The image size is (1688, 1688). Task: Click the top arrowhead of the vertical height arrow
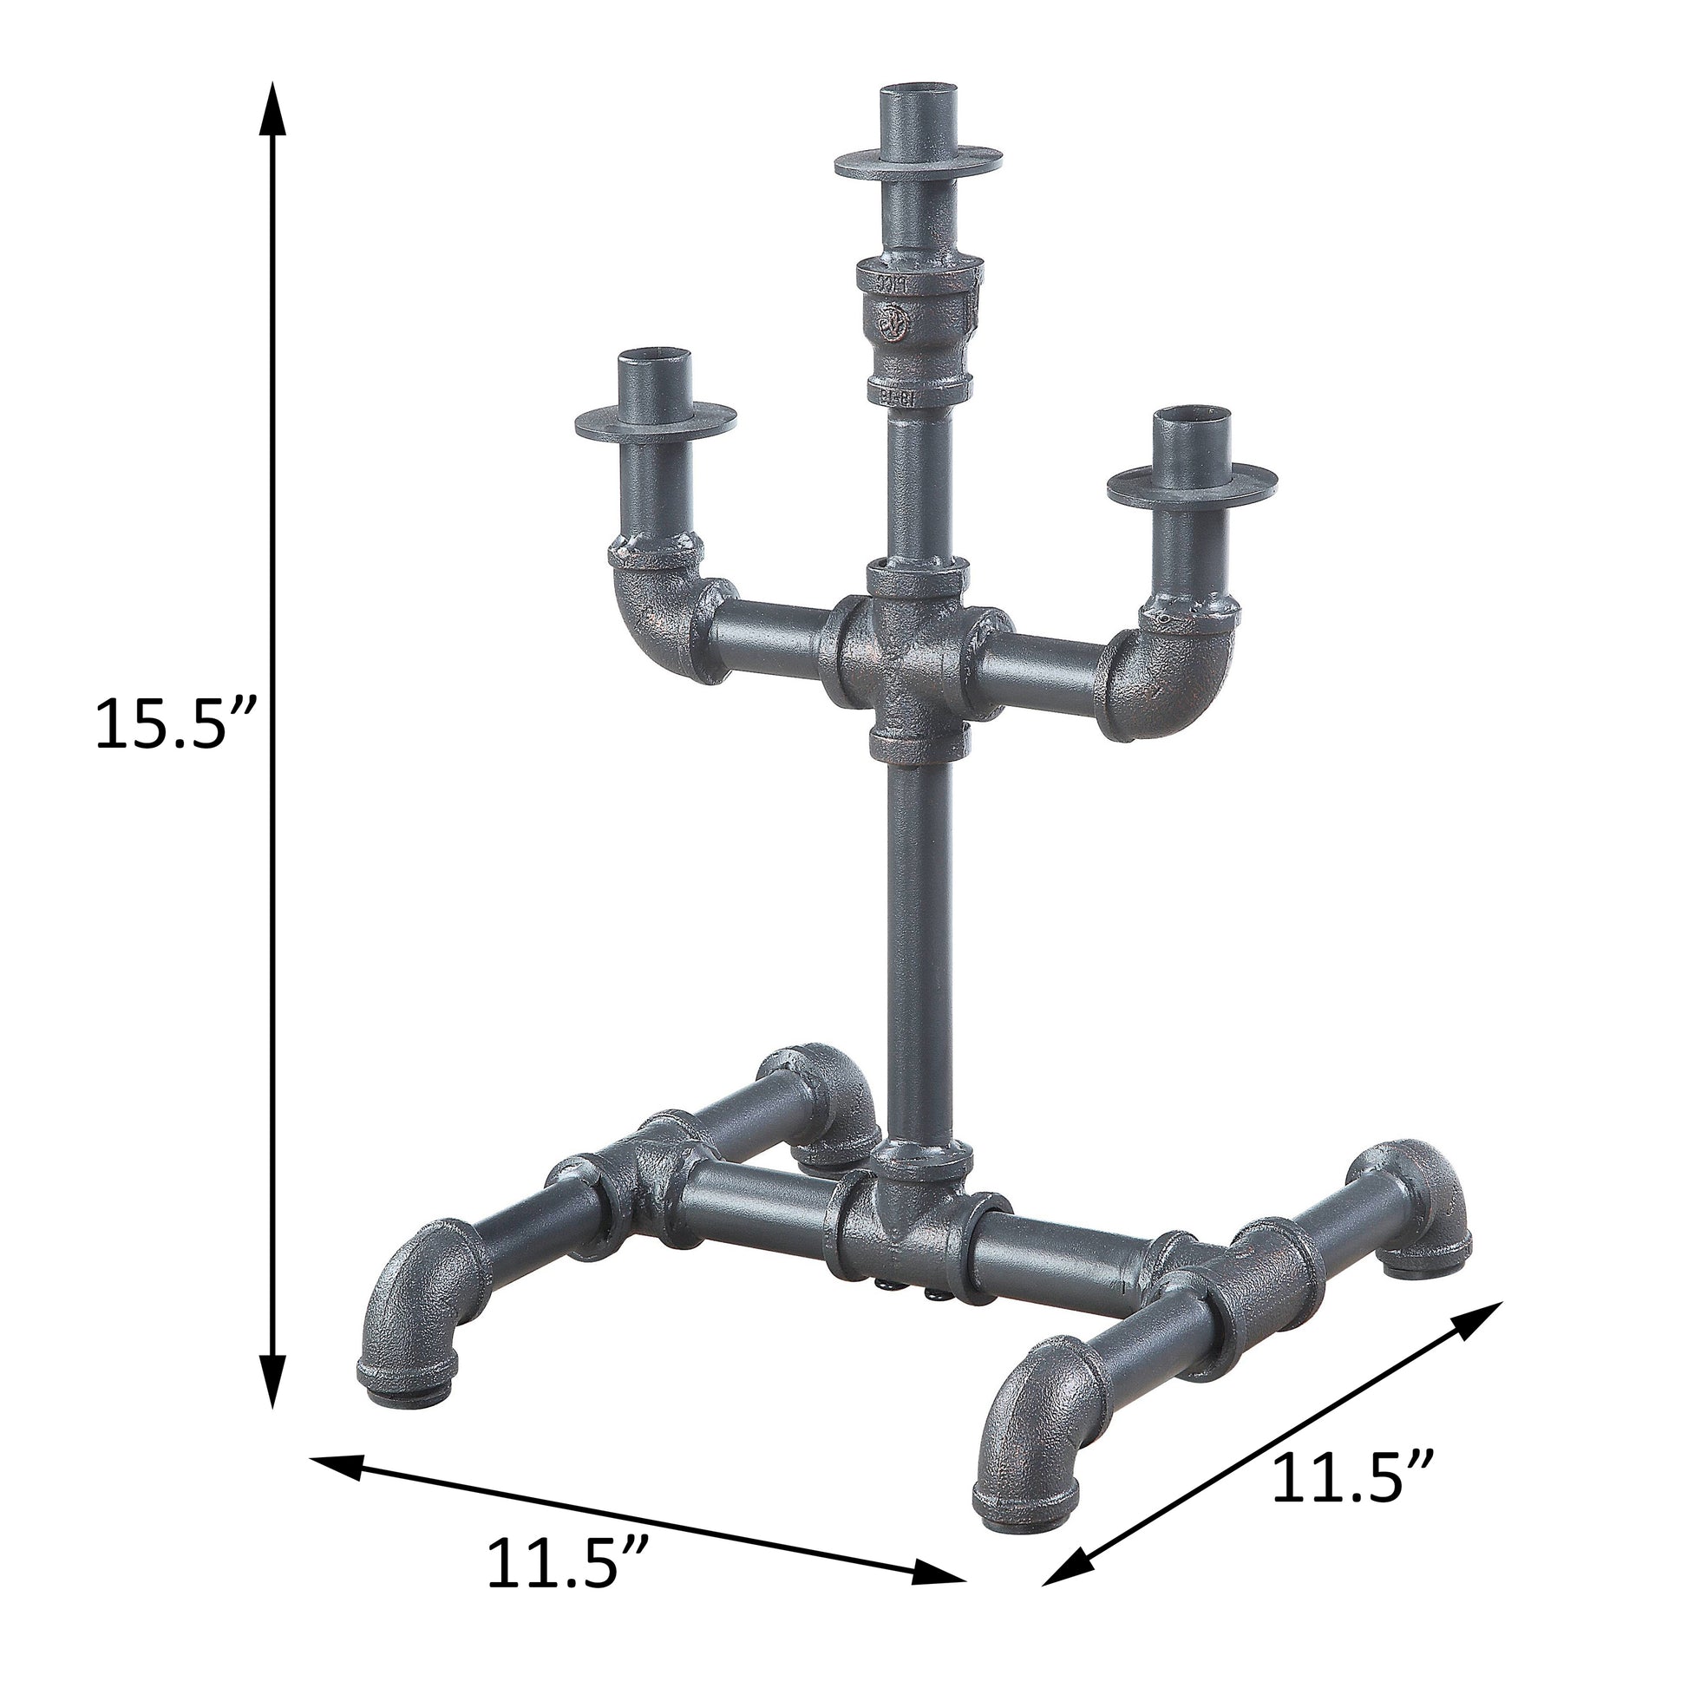coord(274,109)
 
